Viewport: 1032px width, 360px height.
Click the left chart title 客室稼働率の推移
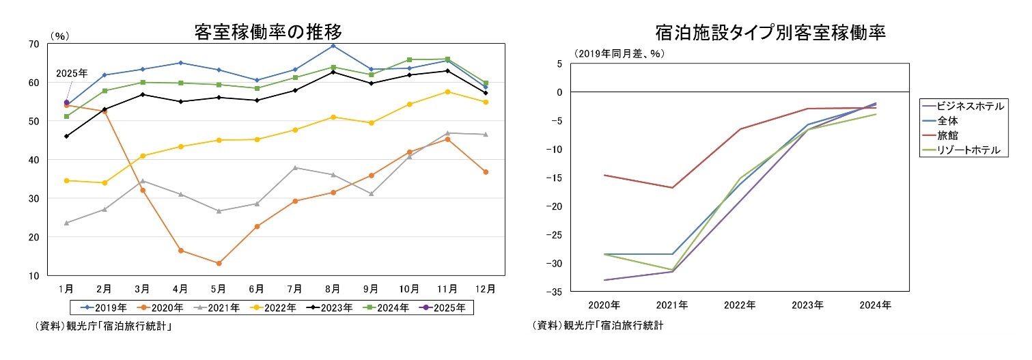[267, 31]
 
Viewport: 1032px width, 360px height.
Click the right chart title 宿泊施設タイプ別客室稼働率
[770, 32]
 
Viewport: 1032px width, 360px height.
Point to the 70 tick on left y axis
[33, 44]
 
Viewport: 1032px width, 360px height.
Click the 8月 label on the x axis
[333, 289]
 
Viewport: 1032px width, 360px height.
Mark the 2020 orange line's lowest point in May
[219, 263]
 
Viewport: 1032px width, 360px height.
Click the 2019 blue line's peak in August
[333, 46]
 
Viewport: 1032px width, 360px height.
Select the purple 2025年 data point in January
[66, 102]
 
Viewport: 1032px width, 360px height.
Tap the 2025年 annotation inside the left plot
[71, 73]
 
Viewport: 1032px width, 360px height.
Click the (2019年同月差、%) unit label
[619, 53]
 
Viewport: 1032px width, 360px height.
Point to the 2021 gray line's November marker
[447, 133]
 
